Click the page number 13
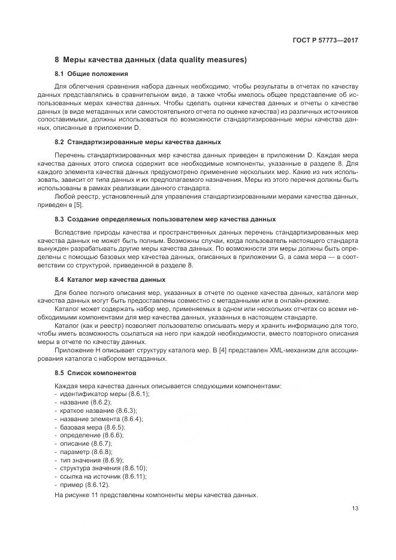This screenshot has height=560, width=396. [355, 509]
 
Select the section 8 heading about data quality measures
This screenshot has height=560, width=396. [150, 60]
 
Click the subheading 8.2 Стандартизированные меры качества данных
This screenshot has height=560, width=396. [138, 142]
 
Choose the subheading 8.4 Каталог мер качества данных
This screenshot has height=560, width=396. [110, 279]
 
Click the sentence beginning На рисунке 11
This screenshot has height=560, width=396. [156, 495]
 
